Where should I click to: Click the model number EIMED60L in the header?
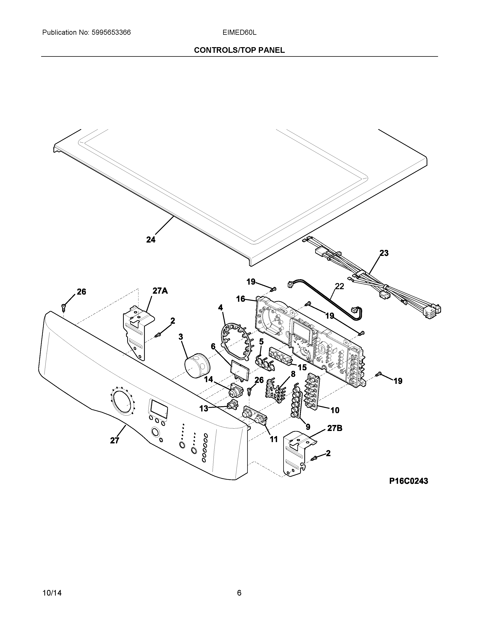pyautogui.click(x=239, y=33)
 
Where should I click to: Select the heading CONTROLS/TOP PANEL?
pyautogui.click(x=239, y=50)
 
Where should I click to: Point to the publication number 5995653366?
pyautogui.click(x=111, y=33)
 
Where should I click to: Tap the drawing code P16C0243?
pyautogui.click(x=408, y=481)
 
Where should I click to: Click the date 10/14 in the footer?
pyautogui.click(x=52, y=585)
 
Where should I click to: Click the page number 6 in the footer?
pyautogui.click(x=239, y=585)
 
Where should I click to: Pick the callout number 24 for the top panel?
pyautogui.click(x=151, y=240)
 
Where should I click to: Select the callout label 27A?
pyautogui.click(x=160, y=291)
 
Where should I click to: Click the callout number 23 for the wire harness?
pyautogui.click(x=384, y=253)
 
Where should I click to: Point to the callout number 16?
pyautogui.click(x=241, y=299)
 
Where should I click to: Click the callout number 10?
pyautogui.click(x=335, y=410)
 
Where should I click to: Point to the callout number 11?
pyautogui.click(x=273, y=439)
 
